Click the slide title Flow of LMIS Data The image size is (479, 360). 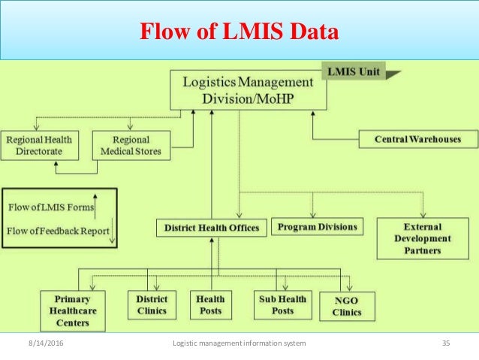point(239,32)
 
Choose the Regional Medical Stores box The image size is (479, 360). point(131,145)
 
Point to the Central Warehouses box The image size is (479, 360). point(417,139)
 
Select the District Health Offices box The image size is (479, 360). point(211,227)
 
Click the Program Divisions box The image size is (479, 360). point(318,226)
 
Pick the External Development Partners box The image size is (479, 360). point(423,238)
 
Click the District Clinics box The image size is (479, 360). point(152,304)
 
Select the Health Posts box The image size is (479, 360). point(210,304)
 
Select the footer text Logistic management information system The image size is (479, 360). point(239,343)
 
